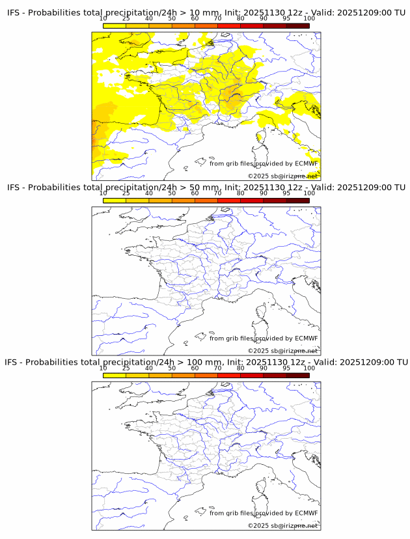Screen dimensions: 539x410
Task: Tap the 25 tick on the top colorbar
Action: click(126, 19)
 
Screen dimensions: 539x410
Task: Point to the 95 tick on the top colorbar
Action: click(286, 19)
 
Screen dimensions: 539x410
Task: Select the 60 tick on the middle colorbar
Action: click(195, 193)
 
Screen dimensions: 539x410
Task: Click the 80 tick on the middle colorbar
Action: click(241, 193)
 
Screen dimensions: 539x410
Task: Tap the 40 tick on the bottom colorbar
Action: click(148, 368)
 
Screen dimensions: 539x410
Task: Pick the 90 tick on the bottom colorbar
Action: click(264, 368)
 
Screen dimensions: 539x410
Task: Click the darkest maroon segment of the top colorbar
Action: click(297, 25)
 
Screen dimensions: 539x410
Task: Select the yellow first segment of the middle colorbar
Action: click(114, 200)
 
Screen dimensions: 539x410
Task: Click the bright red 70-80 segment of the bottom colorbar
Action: click(229, 374)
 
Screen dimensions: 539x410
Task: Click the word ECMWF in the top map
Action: click(306, 163)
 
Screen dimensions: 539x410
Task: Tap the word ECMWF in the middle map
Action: click(306, 338)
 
